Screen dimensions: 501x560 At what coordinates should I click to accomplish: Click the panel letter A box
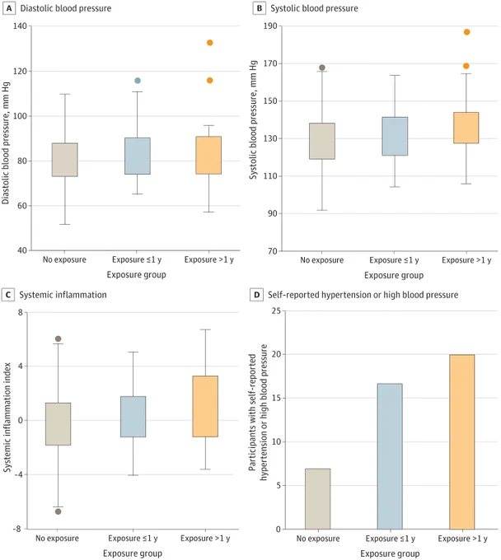pyautogui.click(x=9, y=8)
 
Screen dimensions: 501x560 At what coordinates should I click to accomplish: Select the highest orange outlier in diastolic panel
pyautogui.click(x=210, y=43)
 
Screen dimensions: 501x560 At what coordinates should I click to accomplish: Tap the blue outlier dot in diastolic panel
pyautogui.click(x=138, y=81)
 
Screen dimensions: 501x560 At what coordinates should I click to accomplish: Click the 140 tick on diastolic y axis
pyautogui.click(x=20, y=26)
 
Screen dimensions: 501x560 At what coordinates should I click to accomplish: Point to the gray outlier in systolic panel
pyautogui.click(x=322, y=68)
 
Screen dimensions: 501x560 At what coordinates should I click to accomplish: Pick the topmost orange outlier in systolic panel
pyautogui.click(x=466, y=32)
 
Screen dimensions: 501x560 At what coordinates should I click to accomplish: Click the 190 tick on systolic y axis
pyautogui.click(x=270, y=26)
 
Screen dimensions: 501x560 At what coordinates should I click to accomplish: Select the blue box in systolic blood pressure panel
pyautogui.click(x=395, y=136)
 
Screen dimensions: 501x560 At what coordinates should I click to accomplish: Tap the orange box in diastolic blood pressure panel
pyautogui.click(x=208, y=156)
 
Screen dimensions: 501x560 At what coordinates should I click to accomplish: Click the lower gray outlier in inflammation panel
pyautogui.click(x=59, y=511)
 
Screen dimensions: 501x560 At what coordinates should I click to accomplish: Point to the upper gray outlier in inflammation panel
pyautogui.click(x=59, y=338)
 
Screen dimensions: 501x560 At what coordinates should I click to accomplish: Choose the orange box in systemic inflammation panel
pyautogui.click(x=205, y=407)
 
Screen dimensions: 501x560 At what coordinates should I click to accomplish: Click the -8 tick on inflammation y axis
pyautogui.click(x=16, y=529)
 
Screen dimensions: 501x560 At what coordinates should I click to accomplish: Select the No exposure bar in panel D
pyautogui.click(x=318, y=499)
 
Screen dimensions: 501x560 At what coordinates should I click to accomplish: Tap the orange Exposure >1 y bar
pyautogui.click(x=462, y=441)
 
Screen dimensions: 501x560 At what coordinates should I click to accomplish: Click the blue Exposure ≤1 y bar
pyautogui.click(x=390, y=456)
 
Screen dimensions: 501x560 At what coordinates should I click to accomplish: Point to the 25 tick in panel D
pyautogui.click(x=276, y=310)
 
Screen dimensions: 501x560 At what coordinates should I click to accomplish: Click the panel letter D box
pyautogui.click(x=256, y=295)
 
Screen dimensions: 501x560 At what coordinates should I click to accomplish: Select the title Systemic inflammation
pyautogui.click(x=63, y=295)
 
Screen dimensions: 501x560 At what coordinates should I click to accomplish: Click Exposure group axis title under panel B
pyautogui.click(x=394, y=275)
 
